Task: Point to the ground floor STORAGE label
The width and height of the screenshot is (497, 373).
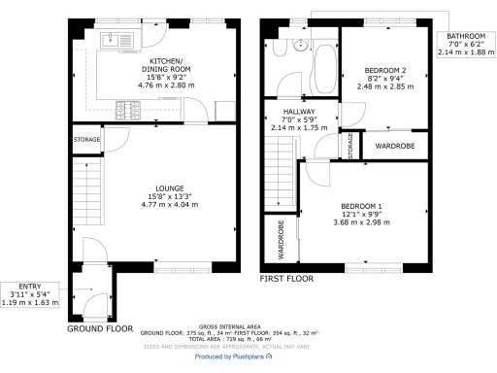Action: [x=86, y=140]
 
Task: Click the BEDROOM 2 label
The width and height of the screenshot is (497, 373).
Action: [x=384, y=71]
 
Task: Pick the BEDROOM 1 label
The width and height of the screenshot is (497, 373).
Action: [x=361, y=206]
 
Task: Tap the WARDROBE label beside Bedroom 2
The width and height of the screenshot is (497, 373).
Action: [x=395, y=147]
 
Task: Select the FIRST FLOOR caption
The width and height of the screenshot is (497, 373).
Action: [x=286, y=279]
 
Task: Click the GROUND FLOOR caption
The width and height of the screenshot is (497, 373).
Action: [x=99, y=329]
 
